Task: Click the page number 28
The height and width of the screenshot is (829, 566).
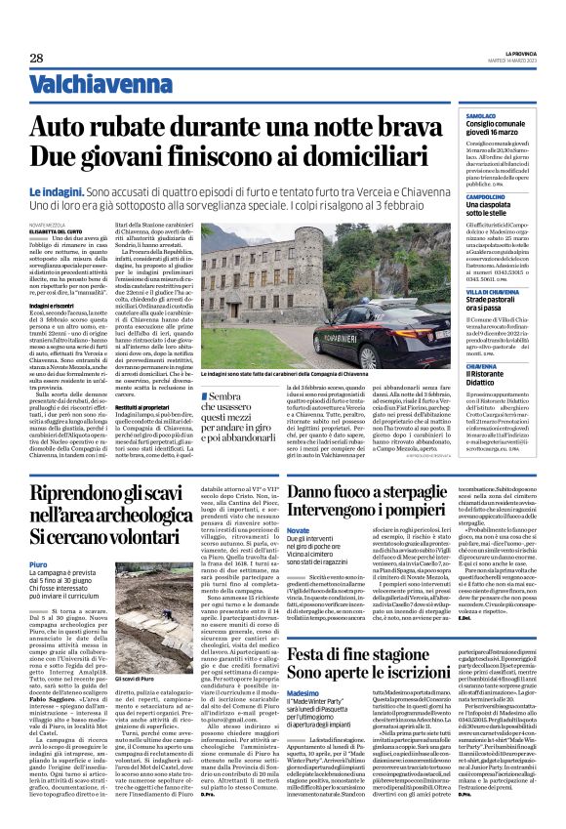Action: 35,59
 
